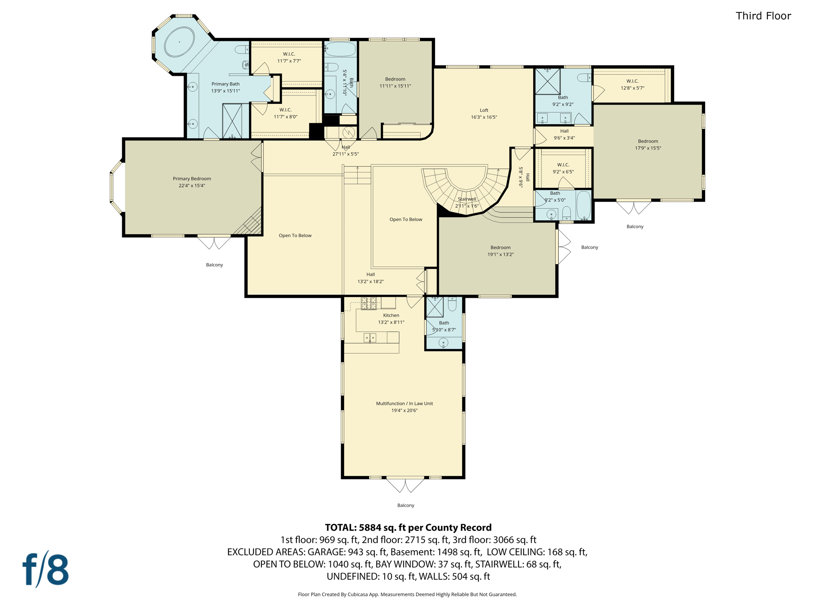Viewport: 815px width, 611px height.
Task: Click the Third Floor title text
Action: (763, 16)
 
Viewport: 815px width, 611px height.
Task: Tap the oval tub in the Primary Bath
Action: (179, 42)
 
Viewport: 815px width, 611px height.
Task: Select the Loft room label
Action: (484, 114)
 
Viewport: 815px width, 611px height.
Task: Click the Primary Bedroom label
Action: (192, 182)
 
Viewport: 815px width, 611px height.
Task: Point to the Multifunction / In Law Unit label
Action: (404, 407)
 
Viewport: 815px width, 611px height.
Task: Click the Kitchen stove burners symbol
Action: (369, 303)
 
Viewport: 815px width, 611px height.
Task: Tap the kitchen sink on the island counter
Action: (370, 338)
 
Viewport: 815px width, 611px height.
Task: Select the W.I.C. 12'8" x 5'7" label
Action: (632, 84)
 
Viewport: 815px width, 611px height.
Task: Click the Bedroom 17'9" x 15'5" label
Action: (648, 144)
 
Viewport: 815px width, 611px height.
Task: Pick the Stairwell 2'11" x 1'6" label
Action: (467, 202)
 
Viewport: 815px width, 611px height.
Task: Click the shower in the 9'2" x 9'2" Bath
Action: (547, 82)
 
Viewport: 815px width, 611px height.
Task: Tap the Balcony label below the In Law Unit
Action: (406, 505)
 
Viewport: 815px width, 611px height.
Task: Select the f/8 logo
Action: (45, 569)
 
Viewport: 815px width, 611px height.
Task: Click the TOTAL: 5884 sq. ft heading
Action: (408, 527)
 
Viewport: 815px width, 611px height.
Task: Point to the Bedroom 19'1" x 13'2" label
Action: (500, 251)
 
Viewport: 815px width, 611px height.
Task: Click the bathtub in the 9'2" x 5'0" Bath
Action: (583, 205)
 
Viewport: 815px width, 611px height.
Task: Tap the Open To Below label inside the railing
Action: (406, 219)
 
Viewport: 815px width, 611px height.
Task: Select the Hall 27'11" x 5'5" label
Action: (345, 150)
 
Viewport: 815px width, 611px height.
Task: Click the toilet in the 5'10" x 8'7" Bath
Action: (452, 304)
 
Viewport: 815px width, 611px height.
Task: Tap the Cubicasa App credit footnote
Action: (407, 594)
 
